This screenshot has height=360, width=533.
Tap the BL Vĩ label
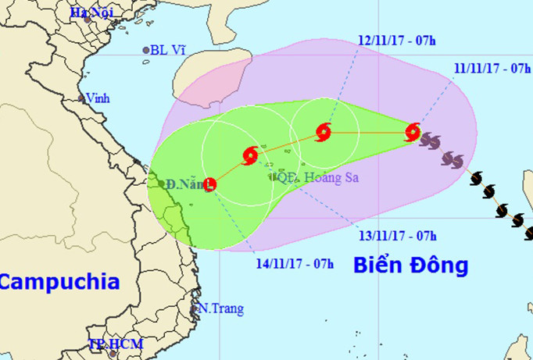(169, 50)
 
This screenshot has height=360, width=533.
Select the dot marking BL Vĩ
(146, 51)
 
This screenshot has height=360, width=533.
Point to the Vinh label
(98, 99)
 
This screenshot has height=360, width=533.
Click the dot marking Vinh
(81, 98)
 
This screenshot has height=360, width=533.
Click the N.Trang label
(222, 308)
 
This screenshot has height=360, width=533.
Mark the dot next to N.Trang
(196, 308)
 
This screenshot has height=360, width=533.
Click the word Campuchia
(59, 282)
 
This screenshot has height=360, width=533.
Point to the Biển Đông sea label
(410, 266)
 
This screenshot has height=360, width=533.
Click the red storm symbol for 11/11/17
(413, 133)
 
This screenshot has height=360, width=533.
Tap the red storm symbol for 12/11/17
(324, 132)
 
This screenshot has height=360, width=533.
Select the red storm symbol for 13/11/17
(250, 155)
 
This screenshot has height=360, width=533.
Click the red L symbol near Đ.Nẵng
(210, 184)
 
